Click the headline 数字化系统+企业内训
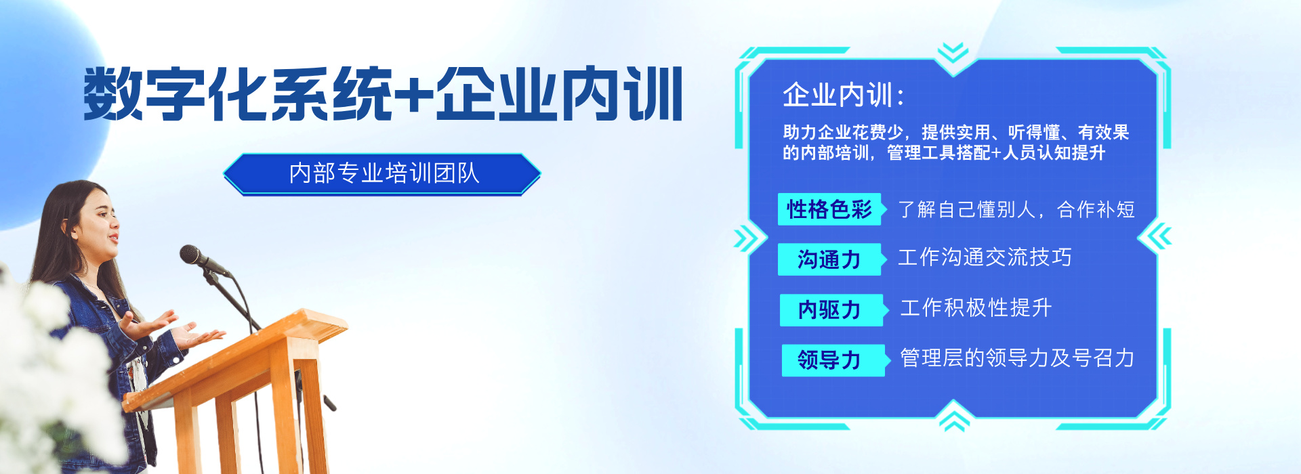383,93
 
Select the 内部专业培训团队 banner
382,174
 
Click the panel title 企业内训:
844,95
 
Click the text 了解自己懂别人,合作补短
1016,209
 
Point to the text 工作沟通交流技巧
985,257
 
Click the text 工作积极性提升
976,308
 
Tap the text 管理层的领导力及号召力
1017,358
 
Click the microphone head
192,255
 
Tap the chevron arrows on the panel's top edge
953,52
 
